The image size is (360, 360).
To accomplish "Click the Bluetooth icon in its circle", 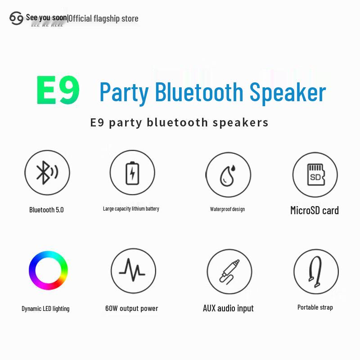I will pyautogui.click(x=47, y=173).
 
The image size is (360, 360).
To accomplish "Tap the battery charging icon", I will pyautogui.click(x=132, y=173).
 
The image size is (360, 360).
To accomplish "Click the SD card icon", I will pyautogui.click(x=315, y=174).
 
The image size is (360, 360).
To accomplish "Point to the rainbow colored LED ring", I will pyautogui.click(x=48, y=270).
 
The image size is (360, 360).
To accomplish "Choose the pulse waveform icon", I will pyautogui.click(x=132, y=271).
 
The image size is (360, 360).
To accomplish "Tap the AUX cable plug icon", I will pyautogui.click(x=229, y=272).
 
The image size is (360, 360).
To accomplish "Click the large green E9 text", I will pyautogui.click(x=58, y=90).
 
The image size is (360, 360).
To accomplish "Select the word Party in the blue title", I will pyautogui.click(x=124, y=93).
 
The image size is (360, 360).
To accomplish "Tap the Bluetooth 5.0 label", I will pyautogui.click(x=46, y=210).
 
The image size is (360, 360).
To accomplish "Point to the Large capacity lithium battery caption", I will pyautogui.click(x=131, y=209).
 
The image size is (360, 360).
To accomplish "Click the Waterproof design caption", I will pyautogui.click(x=227, y=209).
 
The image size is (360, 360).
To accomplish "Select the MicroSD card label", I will pyautogui.click(x=315, y=210).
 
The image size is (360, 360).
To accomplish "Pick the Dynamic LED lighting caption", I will pyautogui.click(x=45, y=309).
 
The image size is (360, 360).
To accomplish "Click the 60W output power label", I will pyautogui.click(x=131, y=309).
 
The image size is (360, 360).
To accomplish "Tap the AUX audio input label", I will pyautogui.click(x=228, y=308).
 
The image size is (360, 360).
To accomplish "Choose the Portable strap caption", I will pyautogui.click(x=315, y=307).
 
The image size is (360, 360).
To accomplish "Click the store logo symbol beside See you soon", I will pyautogui.click(x=16, y=18).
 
